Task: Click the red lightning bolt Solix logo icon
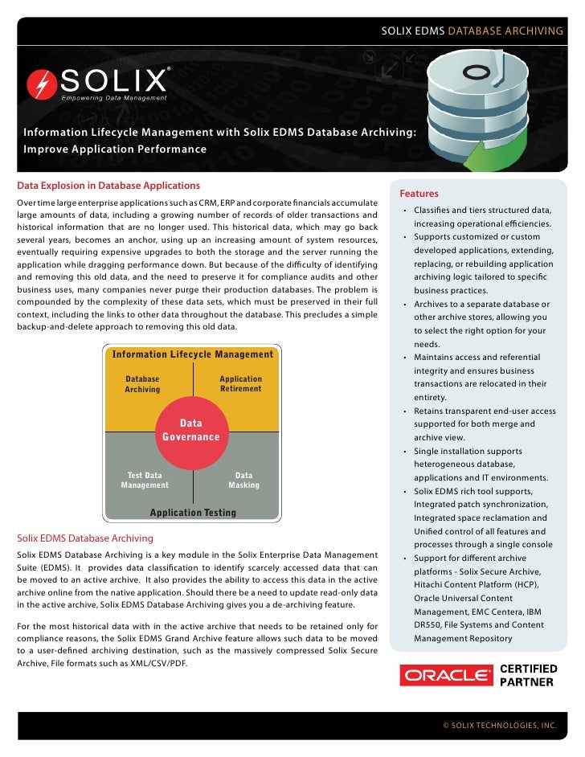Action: (x=42, y=84)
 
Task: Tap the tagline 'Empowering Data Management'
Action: (x=116, y=98)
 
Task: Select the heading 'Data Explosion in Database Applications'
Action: (x=97, y=186)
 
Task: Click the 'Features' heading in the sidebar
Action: (x=419, y=194)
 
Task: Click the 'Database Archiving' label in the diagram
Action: (x=142, y=384)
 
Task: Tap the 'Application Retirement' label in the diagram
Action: (x=240, y=384)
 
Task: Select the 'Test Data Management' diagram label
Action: (x=145, y=480)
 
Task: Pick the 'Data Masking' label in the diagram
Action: (x=243, y=480)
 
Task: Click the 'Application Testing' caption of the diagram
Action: (x=193, y=513)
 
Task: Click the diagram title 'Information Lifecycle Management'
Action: (x=193, y=354)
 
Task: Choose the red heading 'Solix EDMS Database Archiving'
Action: (x=85, y=538)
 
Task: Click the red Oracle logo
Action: (x=446, y=675)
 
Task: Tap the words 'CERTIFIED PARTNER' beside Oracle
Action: (x=528, y=675)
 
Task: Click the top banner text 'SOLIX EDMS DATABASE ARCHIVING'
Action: (x=472, y=31)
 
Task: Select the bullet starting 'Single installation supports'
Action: (x=468, y=451)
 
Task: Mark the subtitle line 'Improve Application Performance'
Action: (x=115, y=149)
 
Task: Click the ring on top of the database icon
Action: (x=477, y=71)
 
